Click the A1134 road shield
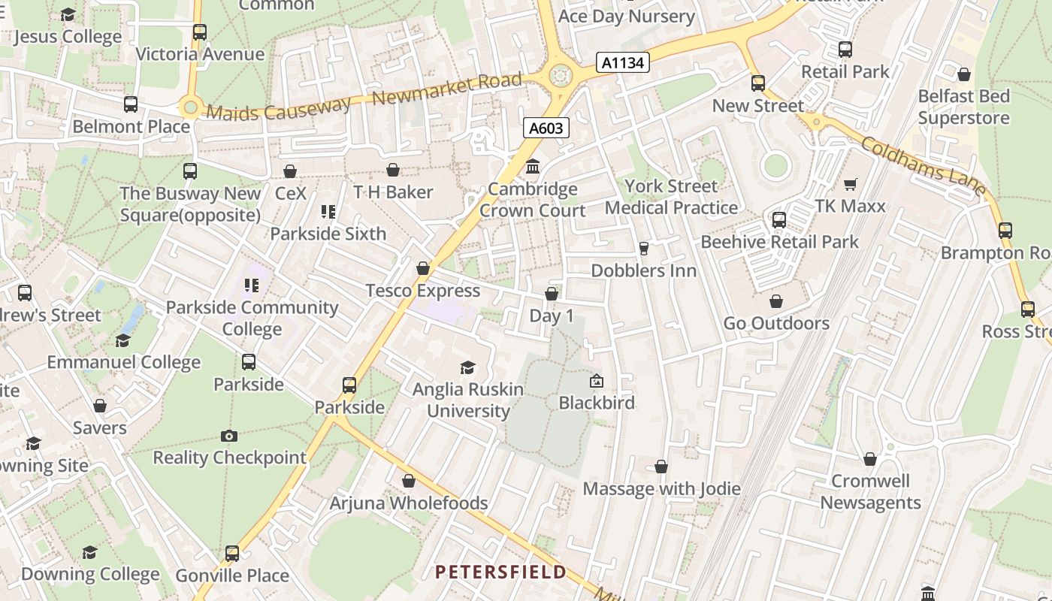coord(623,62)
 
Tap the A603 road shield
coord(546,128)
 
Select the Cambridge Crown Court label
coord(533,200)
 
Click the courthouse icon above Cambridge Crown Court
coord(533,166)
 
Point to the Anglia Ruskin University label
coord(468,400)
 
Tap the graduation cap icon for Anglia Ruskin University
coord(467,367)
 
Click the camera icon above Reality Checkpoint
coord(229,436)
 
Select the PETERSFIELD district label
coord(501,572)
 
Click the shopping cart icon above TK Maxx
coord(851,184)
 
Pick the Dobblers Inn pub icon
coord(643,249)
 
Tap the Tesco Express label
coord(422,291)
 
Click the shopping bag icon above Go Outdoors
coord(776,301)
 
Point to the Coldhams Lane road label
coord(924,166)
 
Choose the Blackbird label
coord(597,403)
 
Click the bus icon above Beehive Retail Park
coord(779,220)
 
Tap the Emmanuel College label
coord(124,362)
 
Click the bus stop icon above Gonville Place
coord(232,554)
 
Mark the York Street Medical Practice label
coord(672,197)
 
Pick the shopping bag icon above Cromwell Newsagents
coord(870,459)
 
